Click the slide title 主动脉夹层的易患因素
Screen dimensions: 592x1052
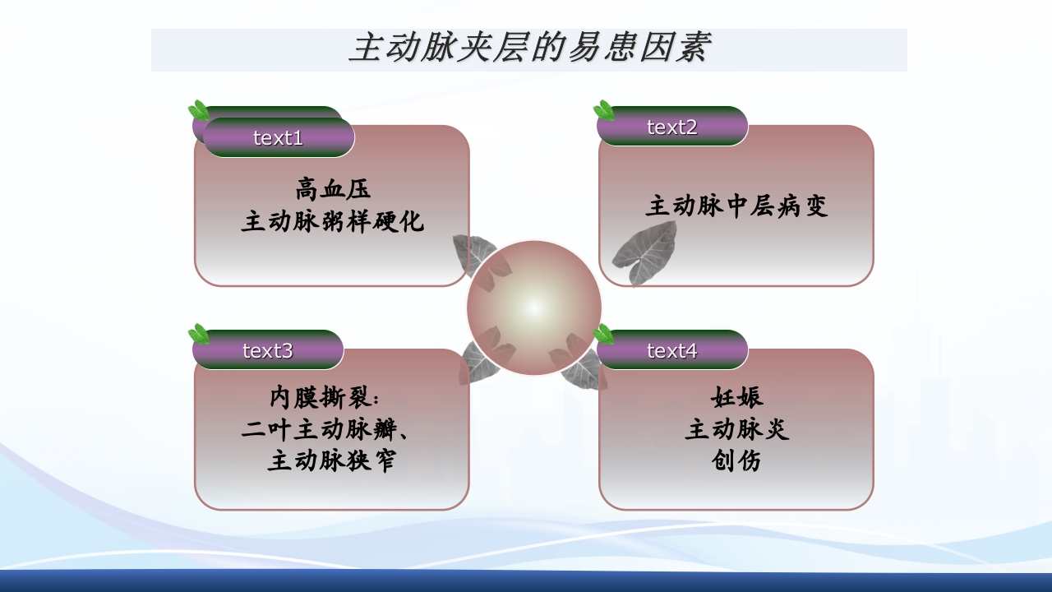tap(528, 49)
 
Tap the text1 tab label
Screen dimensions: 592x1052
tap(278, 138)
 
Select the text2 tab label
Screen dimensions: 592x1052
tap(671, 127)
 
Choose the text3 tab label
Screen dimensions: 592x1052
tap(267, 351)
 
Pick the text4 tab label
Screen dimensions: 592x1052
tap(671, 351)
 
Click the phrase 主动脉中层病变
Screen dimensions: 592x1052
tap(736, 206)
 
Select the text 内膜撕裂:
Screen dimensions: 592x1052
tap(325, 398)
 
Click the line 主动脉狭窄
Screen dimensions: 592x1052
tap(332, 461)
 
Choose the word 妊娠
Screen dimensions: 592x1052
tap(736, 397)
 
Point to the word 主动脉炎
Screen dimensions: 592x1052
tap(736, 429)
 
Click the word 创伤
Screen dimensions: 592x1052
tap(736, 461)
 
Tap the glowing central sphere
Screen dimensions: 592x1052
tap(534, 308)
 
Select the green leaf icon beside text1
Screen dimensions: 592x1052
tap(198, 110)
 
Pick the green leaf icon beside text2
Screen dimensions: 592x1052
tap(604, 110)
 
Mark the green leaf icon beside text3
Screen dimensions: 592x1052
tap(198, 334)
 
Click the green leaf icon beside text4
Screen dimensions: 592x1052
tap(604, 334)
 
